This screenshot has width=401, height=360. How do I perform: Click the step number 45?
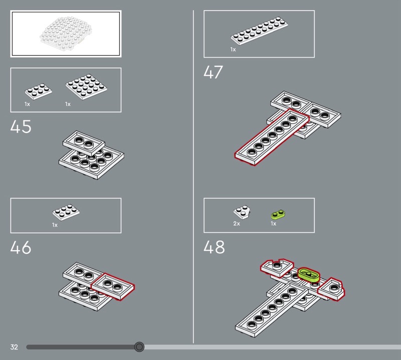(x=21, y=126)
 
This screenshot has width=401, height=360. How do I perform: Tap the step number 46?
(x=21, y=247)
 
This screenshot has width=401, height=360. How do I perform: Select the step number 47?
(x=214, y=72)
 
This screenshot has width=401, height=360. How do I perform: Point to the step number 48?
(x=214, y=247)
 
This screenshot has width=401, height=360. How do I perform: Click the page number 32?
(x=14, y=347)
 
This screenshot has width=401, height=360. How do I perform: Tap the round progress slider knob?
(x=139, y=346)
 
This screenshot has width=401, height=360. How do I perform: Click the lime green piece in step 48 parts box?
(x=278, y=215)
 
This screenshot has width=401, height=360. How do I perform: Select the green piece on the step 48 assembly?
(x=309, y=274)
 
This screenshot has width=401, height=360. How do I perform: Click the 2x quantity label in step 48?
(x=237, y=224)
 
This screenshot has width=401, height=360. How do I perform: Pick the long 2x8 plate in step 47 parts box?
(x=259, y=31)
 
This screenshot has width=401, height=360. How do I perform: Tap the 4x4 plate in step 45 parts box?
(x=86, y=87)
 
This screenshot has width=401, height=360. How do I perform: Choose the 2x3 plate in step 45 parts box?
(x=39, y=91)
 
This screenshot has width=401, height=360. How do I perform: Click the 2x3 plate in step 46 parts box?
(x=66, y=212)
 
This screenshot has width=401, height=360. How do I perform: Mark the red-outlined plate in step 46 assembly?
(x=113, y=286)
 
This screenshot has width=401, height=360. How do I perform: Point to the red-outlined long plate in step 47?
(x=272, y=137)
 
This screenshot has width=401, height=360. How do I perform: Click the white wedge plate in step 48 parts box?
(x=242, y=212)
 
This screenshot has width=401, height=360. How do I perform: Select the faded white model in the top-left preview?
(x=66, y=32)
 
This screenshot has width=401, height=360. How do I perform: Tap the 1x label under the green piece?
(x=273, y=224)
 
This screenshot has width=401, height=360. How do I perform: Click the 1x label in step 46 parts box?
(x=55, y=225)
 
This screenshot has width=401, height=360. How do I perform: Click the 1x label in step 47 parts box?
(x=233, y=49)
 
